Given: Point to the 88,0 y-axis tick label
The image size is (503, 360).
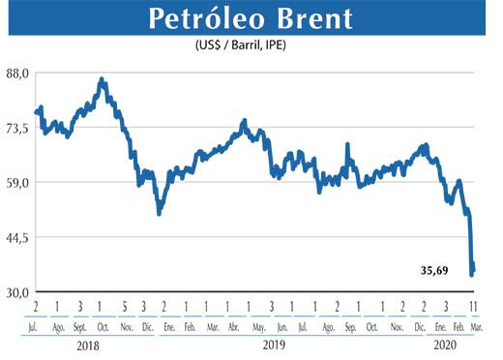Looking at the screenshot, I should tap(18, 73).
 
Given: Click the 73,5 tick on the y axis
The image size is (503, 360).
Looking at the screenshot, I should tap(18, 128).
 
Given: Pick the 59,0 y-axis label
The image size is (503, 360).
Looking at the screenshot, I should tap(18, 182).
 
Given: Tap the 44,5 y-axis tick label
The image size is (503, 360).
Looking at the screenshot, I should tap(18, 237).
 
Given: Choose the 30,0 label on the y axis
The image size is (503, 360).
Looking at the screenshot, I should tap(18, 291).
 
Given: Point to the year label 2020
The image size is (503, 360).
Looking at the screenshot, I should tap(446, 345).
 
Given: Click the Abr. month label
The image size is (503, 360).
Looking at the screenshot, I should tap(233, 326).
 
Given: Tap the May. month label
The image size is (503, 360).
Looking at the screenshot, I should tap(256, 326).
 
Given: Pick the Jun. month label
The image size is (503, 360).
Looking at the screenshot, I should tap(281, 326).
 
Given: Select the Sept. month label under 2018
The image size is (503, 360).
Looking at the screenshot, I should tap(80, 326).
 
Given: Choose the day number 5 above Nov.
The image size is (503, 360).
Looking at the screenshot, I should tap(124, 307).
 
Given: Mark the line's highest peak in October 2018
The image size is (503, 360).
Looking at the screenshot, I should tap(103, 79).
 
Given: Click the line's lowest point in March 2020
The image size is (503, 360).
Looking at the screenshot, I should tap(472, 275).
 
